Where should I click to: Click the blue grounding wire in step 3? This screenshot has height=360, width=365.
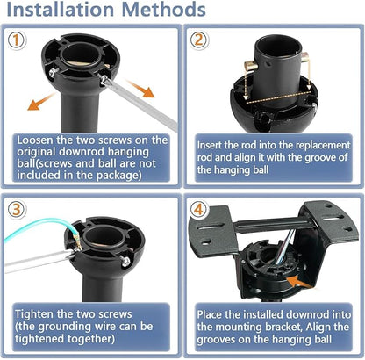pyautogui.click(x=35, y=230)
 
